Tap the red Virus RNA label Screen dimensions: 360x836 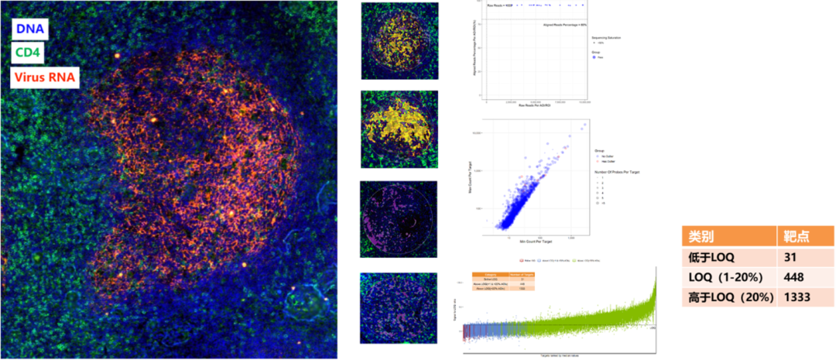point(44,77)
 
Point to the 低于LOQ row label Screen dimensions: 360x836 point(711,257)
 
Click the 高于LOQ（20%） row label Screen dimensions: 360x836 point(727,296)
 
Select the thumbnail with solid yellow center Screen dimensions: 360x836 point(399,129)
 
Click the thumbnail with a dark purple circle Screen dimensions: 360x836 point(399,219)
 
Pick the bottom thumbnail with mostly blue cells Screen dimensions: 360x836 point(399,307)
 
